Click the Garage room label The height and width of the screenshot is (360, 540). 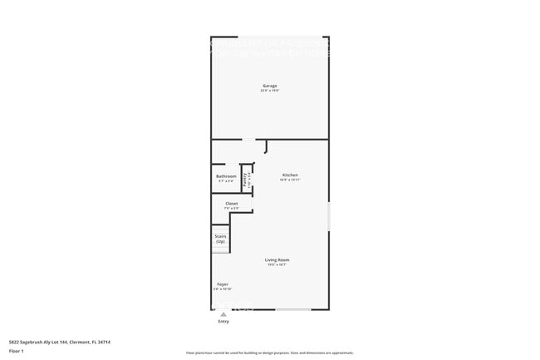point(270,86)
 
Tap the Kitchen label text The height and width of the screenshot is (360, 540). point(290,175)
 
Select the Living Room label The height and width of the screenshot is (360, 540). point(277,260)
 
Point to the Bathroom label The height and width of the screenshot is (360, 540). point(226,176)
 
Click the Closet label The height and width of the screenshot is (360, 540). point(232,203)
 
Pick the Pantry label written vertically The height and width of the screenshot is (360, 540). point(245,178)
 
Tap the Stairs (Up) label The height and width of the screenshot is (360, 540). point(220,236)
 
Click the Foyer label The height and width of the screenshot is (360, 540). point(223,284)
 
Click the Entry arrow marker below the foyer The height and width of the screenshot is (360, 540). point(223,314)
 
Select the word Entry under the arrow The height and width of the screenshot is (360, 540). point(223,321)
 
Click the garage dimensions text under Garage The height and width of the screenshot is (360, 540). point(270,91)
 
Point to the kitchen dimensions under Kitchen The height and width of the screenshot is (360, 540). point(290,180)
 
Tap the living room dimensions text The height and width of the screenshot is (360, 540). point(277,265)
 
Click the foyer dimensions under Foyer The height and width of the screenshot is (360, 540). point(223,289)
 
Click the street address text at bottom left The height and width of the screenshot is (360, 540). point(59,342)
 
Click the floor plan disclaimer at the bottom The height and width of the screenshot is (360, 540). point(270,353)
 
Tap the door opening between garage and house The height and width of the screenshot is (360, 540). point(248,139)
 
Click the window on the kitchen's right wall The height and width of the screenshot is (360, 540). point(329,216)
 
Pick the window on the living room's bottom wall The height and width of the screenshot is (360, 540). point(293,310)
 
